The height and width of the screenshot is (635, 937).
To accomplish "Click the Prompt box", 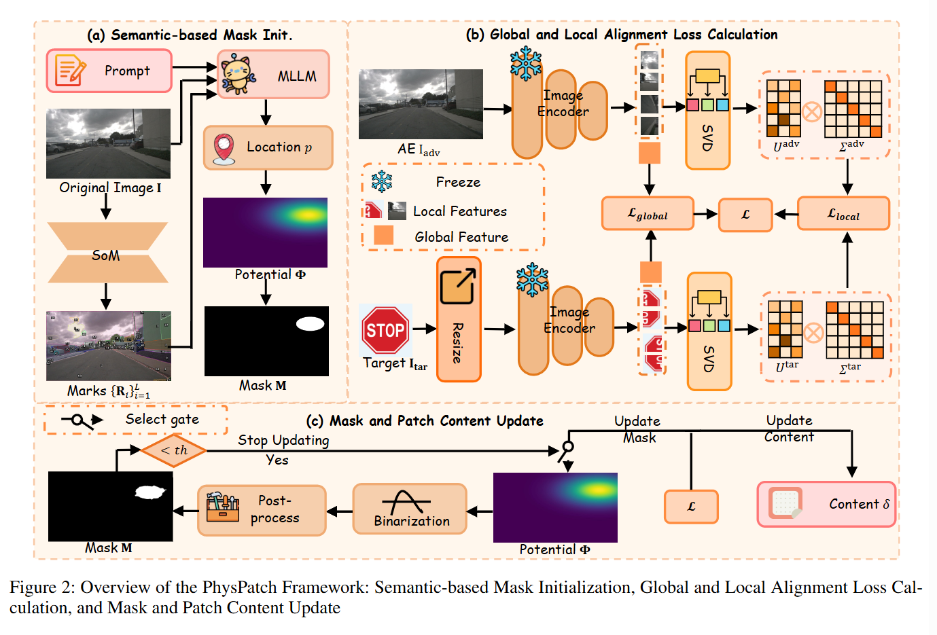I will point(109,71).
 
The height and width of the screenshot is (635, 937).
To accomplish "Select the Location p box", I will point(268,147).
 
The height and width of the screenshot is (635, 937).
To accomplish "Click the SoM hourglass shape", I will point(107,253).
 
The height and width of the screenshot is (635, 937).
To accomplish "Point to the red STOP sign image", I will point(385,330).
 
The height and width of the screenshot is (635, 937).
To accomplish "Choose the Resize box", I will point(459,319).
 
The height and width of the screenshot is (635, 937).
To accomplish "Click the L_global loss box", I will point(648,214).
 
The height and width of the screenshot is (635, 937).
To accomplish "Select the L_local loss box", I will point(843,214).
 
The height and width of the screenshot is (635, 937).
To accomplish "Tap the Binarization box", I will point(410,509).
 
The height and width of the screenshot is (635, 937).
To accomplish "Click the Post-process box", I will point(262,510).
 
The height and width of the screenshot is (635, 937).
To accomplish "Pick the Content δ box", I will point(826,504).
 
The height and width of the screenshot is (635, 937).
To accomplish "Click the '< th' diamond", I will point(174,450).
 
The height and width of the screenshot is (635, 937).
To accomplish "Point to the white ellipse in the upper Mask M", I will point(310,324).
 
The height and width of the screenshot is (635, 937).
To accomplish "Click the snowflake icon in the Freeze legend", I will point(382,182).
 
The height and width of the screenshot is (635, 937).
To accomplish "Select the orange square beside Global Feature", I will point(384,235).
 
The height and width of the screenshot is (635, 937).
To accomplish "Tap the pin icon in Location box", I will point(224,148).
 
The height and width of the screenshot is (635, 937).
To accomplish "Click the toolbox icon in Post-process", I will point(222,507).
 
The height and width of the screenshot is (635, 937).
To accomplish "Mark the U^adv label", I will point(786,145).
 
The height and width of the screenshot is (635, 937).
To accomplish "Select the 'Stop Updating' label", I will point(283,440).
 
